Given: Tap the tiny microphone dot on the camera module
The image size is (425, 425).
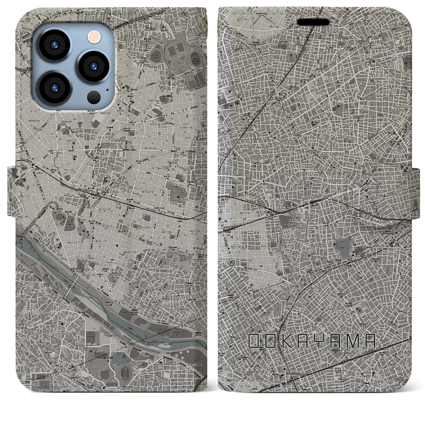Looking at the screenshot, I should pyautogui.click(x=107, y=89).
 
